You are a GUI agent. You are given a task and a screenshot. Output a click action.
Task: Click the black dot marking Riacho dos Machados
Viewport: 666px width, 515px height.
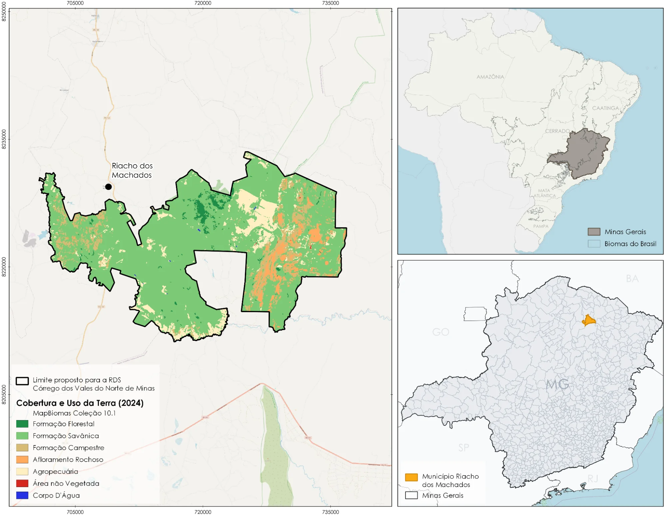tap(108, 187)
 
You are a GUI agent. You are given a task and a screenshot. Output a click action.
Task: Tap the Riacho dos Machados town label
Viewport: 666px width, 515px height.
tap(132, 170)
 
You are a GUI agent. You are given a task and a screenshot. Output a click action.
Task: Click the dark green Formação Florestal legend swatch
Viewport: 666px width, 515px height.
tap(22, 424)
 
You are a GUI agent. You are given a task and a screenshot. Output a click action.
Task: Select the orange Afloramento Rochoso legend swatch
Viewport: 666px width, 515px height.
tap(22, 459)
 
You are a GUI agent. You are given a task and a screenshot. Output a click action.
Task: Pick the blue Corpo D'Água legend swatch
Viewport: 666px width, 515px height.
tap(22, 495)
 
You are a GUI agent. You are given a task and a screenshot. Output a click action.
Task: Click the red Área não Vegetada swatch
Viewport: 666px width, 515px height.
tap(22, 483)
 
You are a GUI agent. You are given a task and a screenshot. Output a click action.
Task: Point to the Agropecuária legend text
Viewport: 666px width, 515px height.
tap(55, 471)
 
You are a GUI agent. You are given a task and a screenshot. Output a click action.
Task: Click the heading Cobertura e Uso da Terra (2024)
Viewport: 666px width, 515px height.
tap(80, 403)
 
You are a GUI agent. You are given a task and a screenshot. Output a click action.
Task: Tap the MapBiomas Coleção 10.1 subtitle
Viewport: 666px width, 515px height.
tap(74, 413)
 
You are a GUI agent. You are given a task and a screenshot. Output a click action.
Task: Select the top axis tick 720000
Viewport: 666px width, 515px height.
tap(203, 3)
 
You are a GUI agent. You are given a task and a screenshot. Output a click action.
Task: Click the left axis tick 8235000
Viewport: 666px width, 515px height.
tap(4, 139)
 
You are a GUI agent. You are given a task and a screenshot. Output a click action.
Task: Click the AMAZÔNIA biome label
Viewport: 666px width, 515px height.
tap(490, 77)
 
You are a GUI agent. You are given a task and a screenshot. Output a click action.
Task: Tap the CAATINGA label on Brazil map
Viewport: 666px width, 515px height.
tap(605, 108)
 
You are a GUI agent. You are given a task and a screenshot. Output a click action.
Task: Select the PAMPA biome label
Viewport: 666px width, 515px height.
tap(540, 226)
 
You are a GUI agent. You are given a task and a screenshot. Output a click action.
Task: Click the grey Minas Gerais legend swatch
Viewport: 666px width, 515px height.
tap(594, 232)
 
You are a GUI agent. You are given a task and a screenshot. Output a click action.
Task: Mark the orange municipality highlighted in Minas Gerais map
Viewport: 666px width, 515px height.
tap(588, 320)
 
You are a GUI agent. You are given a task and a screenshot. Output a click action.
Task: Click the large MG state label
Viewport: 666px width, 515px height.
tap(557, 384)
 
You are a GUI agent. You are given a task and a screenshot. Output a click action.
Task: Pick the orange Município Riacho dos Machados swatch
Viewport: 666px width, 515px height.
tap(411, 477)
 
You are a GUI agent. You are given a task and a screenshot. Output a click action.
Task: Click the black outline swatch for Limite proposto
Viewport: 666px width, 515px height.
tap(22, 381)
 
